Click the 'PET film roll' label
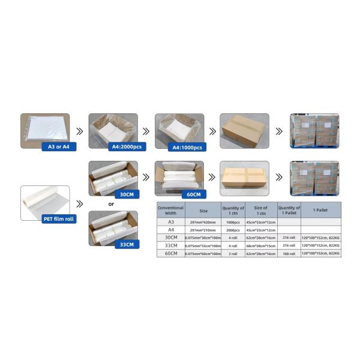tap(59, 219)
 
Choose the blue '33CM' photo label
tap(126, 244)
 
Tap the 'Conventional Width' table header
tap(170, 210)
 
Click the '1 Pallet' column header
tap(320, 210)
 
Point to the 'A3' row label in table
tap(170, 221)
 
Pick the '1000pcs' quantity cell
tap(233, 221)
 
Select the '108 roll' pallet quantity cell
tap(288, 253)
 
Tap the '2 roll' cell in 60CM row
tap(233, 253)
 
